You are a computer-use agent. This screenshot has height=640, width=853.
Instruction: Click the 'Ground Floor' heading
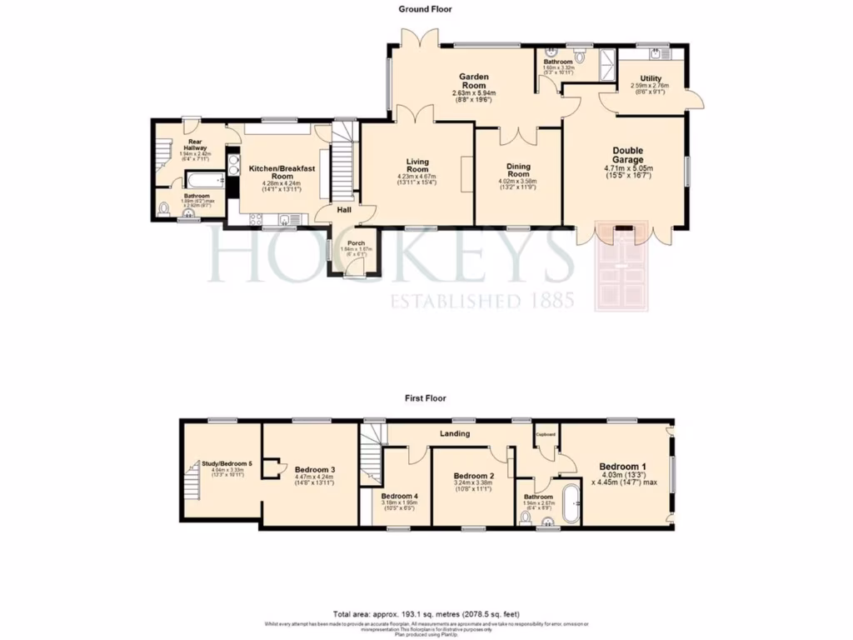click(x=425, y=10)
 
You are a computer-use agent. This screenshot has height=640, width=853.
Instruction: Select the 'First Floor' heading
click(x=424, y=399)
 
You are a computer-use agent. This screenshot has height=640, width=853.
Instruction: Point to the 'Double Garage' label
click(x=624, y=153)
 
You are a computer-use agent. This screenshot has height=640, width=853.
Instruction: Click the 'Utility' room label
click(x=651, y=78)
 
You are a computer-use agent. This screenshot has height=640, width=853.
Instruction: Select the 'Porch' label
click(x=357, y=243)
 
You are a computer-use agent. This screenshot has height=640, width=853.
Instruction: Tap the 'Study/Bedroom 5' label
click(x=227, y=463)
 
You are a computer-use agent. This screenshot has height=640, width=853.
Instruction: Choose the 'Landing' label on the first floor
click(x=455, y=433)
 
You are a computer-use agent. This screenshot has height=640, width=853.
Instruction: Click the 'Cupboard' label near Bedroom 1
click(x=546, y=434)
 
